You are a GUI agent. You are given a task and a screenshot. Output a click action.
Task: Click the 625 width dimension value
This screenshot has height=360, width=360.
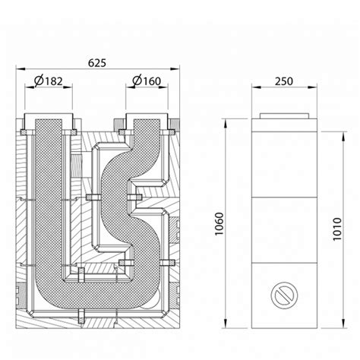point(97,63)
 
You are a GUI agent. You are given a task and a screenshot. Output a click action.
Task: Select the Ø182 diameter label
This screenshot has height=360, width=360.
point(49,81)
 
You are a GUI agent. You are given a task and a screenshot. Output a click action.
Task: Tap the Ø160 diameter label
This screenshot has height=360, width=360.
point(147,81)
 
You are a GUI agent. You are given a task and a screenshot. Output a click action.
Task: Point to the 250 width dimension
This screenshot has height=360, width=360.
point(284,81)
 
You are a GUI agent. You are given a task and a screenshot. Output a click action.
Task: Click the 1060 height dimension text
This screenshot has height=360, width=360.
point(219,224)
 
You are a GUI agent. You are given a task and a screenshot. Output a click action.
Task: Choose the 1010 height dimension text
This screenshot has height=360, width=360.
point(337,229)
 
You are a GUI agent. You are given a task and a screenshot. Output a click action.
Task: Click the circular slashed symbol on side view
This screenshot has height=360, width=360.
point(284,295)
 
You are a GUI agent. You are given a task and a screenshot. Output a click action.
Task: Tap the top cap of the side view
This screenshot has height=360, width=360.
point(284,116)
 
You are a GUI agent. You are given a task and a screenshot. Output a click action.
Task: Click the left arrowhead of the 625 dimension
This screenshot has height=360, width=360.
point(21,68)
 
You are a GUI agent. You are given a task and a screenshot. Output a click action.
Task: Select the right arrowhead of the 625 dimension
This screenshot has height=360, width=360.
point(175,68)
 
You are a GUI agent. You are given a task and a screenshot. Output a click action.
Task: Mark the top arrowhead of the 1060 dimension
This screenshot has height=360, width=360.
point(225,124)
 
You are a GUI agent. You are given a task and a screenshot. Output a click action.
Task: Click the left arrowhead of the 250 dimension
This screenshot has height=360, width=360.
point(257,87)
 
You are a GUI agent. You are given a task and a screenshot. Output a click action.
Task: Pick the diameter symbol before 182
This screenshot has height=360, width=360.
point(39,81)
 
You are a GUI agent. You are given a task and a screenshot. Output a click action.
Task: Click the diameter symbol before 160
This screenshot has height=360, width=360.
point(137,81)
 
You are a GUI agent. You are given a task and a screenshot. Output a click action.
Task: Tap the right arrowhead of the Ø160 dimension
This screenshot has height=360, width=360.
point(163,87)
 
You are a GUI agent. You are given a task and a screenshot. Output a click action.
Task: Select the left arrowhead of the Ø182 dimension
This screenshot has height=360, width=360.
point(30,87)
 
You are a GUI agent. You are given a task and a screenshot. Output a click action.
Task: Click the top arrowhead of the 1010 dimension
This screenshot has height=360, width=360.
point(343,137)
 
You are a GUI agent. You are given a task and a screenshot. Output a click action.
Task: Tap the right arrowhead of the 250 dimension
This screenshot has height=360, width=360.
point(312,87)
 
